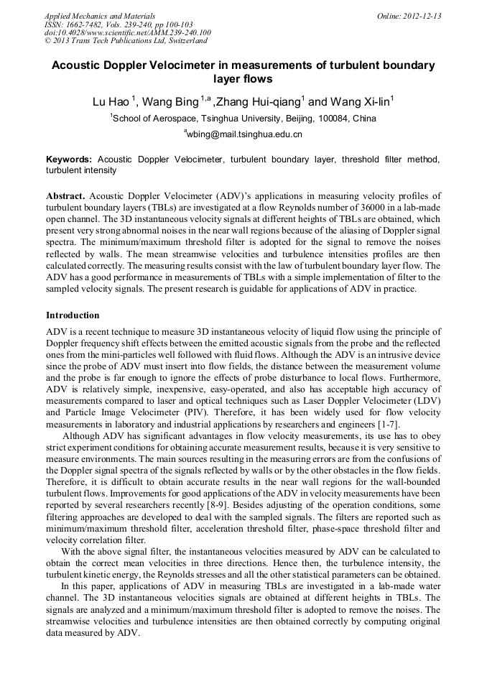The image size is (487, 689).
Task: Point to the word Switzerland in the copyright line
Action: click(x=186, y=41)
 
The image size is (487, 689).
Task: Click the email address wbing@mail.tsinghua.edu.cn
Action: click(x=245, y=134)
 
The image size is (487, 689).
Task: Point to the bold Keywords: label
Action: click(x=69, y=159)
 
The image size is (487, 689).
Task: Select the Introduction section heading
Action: click(x=73, y=315)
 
